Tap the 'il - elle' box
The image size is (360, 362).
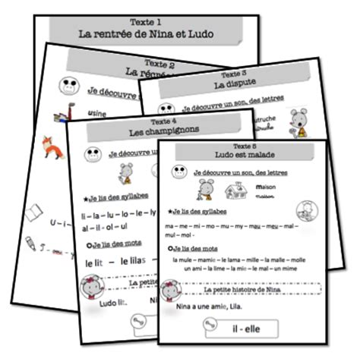point(241,329)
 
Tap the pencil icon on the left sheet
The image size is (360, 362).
point(30,243)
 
